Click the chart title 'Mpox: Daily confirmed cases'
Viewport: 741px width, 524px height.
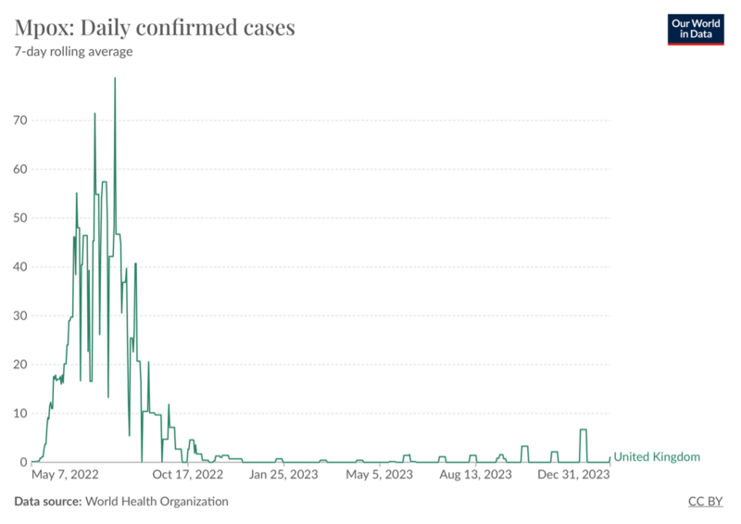(x=155, y=27)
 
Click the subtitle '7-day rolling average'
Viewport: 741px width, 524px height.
(x=73, y=52)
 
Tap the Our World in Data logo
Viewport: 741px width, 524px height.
(x=697, y=29)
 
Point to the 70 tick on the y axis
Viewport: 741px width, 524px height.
(x=19, y=121)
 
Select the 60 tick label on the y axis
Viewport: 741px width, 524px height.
(x=19, y=170)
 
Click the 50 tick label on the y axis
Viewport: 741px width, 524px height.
(x=19, y=218)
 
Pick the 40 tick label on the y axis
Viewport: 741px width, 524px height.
(x=19, y=267)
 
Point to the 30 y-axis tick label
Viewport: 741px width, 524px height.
(x=19, y=315)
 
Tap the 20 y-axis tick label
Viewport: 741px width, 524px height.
(x=19, y=364)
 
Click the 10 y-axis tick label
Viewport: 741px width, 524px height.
(x=19, y=413)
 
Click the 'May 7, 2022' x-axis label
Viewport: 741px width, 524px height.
(x=66, y=475)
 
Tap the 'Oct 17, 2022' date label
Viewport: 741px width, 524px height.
(x=188, y=475)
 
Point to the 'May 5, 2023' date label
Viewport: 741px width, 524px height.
(x=379, y=475)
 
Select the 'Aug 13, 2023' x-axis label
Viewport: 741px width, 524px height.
(x=474, y=475)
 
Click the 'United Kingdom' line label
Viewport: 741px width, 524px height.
(x=657, y=457)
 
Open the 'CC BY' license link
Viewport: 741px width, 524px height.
(x=706, y=502)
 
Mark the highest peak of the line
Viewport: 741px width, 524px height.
(x=115, y=78)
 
